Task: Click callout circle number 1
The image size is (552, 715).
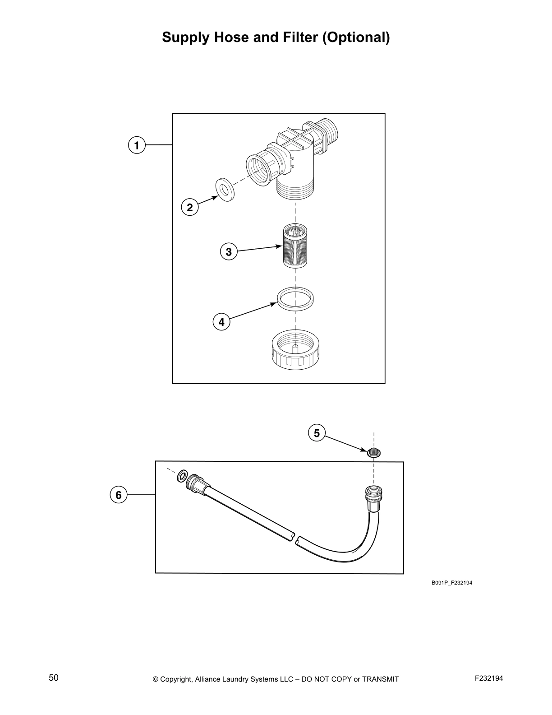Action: [136, 145]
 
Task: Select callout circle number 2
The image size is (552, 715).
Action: [190, 208]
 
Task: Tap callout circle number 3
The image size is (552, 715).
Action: [229, 251]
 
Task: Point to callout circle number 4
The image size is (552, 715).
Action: [221, 322]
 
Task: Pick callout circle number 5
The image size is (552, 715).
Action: [317, 433]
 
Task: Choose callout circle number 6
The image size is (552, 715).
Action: [119, 495]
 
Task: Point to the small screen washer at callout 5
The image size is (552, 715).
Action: [373, 452]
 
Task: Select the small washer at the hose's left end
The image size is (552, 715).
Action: [182, 475]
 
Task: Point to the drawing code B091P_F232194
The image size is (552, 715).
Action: [451, 583]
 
